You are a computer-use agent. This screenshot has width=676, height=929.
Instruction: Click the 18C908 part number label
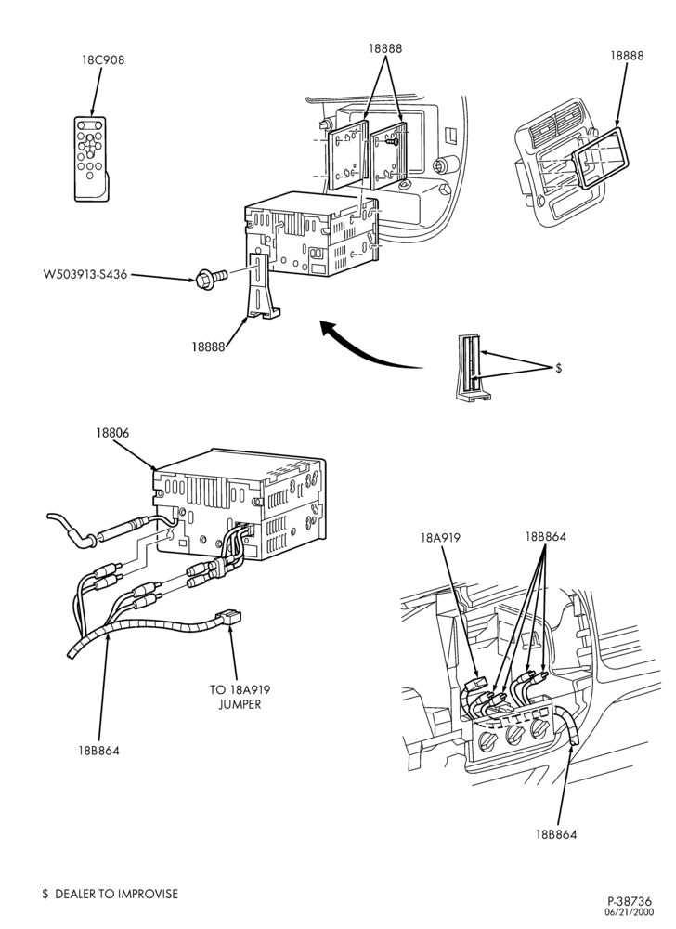point(103,59)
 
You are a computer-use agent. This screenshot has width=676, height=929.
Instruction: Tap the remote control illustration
point(91,158)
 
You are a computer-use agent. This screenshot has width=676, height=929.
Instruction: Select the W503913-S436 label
point(85,274)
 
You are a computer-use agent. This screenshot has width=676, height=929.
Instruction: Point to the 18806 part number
point(111,433)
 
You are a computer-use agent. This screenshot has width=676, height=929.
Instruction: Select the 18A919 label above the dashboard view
point(440,538)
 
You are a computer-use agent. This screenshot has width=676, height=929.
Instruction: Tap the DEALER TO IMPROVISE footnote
point(110,894)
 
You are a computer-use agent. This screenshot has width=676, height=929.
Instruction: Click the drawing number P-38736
point(629,901)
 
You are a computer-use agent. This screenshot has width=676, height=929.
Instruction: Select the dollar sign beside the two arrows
point(559,369)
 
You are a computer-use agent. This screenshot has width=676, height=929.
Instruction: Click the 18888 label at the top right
point(627,55)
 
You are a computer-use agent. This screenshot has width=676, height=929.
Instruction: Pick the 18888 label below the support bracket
point(208,347)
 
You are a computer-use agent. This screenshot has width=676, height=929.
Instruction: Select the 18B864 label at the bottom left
point(98,751)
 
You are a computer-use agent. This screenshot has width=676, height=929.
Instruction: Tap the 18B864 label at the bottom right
point(556,834)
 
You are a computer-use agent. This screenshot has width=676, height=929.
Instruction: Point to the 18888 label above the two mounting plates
point(385,48)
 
